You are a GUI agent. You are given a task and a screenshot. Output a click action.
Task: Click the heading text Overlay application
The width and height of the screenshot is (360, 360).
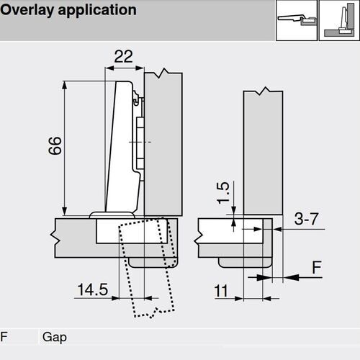(x=69, y=11)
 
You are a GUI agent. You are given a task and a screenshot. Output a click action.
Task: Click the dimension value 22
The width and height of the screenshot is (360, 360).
(x=124, y=57)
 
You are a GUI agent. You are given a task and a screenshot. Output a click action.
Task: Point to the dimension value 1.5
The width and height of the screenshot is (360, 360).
(x=223, y=192)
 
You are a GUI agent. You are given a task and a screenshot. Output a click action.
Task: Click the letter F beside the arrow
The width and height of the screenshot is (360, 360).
(x=315, y=267)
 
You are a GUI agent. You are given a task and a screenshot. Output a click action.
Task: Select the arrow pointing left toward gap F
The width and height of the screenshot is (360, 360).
(x=294, y=275)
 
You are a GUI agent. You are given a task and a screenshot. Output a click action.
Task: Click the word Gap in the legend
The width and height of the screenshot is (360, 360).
(x=54, y=337)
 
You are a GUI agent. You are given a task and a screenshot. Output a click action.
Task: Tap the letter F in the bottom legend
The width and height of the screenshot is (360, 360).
(x=5, y=337)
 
